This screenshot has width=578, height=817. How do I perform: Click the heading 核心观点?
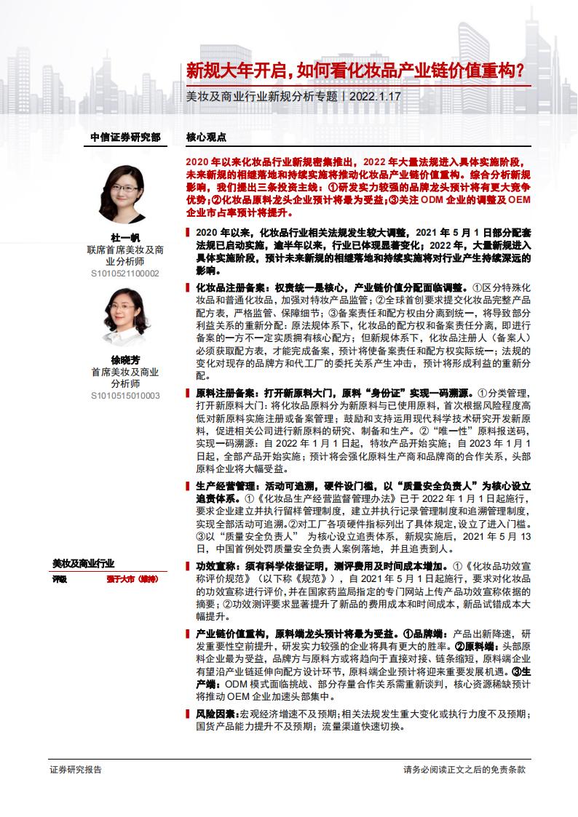(206, 137)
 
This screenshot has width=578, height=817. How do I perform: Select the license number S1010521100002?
(124, 273)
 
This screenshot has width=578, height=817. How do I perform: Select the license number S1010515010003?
(124, 396)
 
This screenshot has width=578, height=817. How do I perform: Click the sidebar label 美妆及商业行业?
(83, 563)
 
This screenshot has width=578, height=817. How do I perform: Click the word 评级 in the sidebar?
(60, 579)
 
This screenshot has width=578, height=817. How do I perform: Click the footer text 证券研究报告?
(76, 769)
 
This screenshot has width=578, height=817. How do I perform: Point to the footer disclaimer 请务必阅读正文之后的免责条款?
(464, 769)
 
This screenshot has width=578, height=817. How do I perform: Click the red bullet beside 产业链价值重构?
(189, 633)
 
